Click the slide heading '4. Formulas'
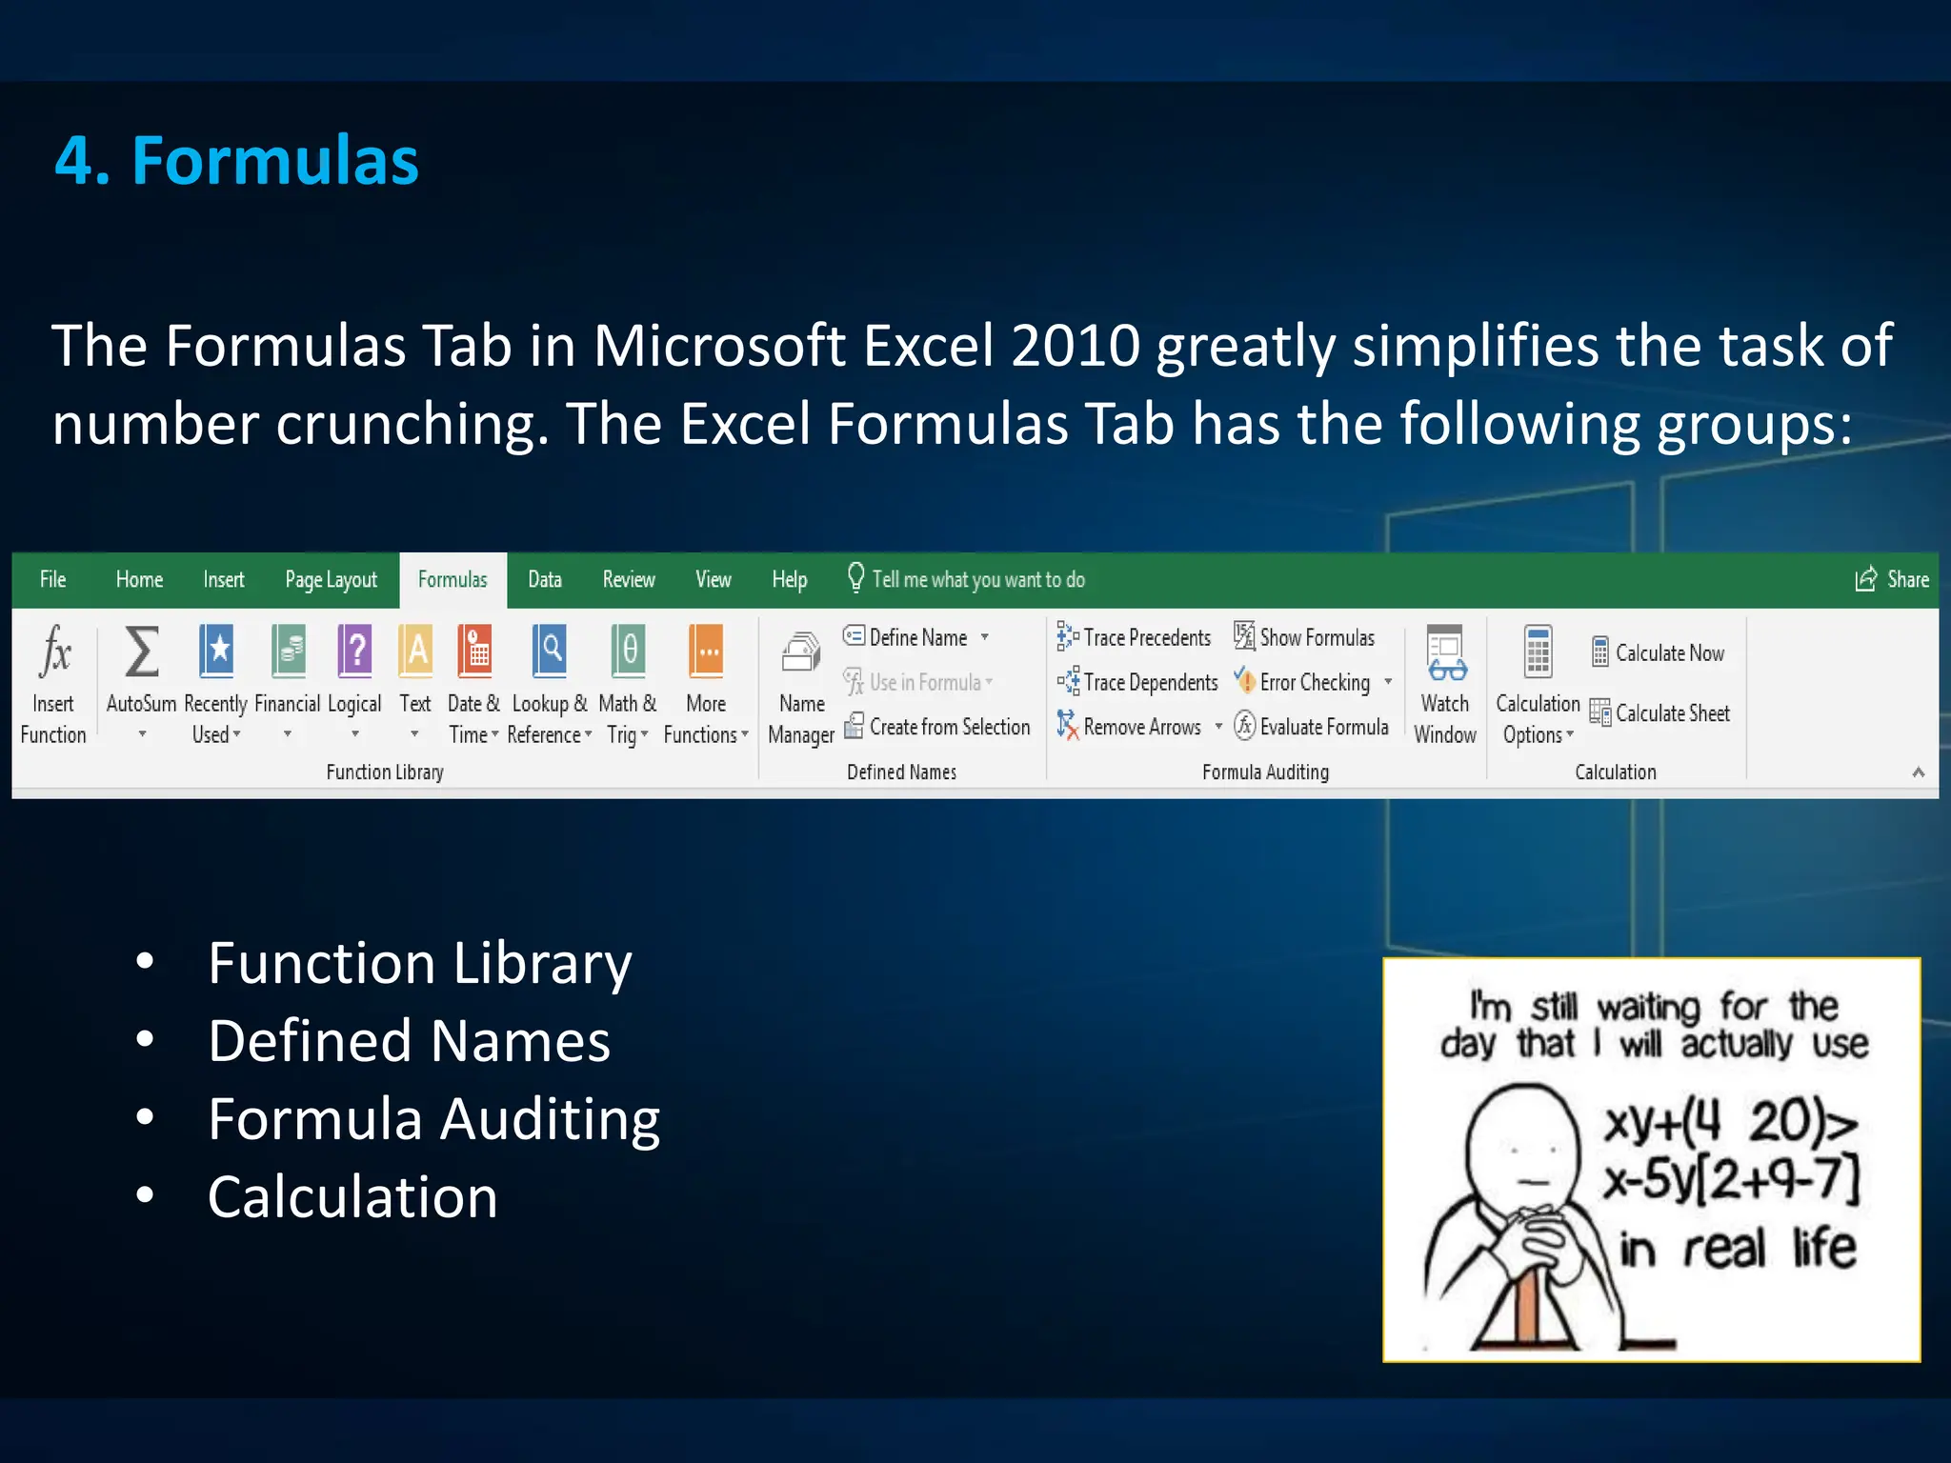[x=236, y=160]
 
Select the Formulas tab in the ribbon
[x=453, y=580]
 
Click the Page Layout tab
[x=331, y=580]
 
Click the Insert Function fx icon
[x=54, y=651]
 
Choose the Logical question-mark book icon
[x=354, y=651]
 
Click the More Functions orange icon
[x=706, y=651]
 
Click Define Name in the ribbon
[x=916, y=637]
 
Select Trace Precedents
[x=1145, y=637]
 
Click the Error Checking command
[x=1314, y=682]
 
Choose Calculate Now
[x=1668, y=653]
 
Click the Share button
[x=1893, y=579]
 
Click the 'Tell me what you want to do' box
[x=977, y=580]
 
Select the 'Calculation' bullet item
[x=352, y=1196]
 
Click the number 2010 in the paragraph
[x=1075, y=345]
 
